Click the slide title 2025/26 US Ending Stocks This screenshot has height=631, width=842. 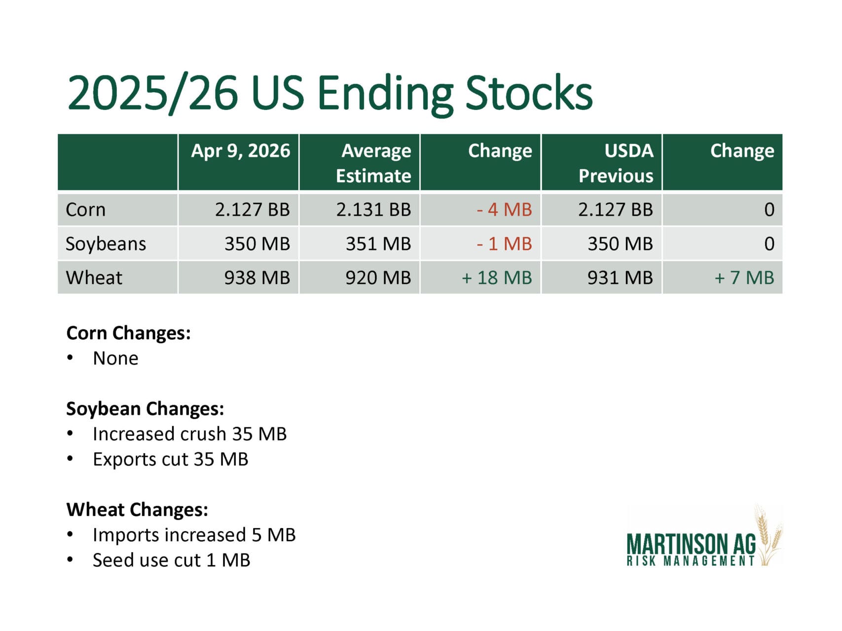tap(329, 93)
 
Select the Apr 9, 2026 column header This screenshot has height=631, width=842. tap(241, 151)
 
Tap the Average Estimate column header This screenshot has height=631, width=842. tap(373, 163)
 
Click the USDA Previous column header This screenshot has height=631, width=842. tap(616, 163)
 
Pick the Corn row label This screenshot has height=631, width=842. tap(86, 210)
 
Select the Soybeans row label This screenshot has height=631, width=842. tap(106, 244)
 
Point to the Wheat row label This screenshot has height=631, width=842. tap(94, 278)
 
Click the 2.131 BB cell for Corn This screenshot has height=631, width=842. tap(373, 210)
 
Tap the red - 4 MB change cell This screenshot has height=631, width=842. tap(504, 210)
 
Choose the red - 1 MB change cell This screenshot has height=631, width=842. tap(504, 244)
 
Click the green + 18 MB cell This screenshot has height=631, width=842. tap(497, 278)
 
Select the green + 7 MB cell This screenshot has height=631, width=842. tap(744, 278)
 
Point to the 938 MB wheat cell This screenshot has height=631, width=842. tap(257, 278)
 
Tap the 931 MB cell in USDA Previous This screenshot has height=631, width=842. tap(620, 278)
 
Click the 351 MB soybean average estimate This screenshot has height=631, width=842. tap(378, 244)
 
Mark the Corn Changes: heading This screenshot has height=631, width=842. tap(129, 333)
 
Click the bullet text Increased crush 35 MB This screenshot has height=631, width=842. tap(190, 434)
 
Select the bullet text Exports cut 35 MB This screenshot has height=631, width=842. tap(171, 459)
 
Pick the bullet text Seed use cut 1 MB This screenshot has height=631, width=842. tap(172, 560)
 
